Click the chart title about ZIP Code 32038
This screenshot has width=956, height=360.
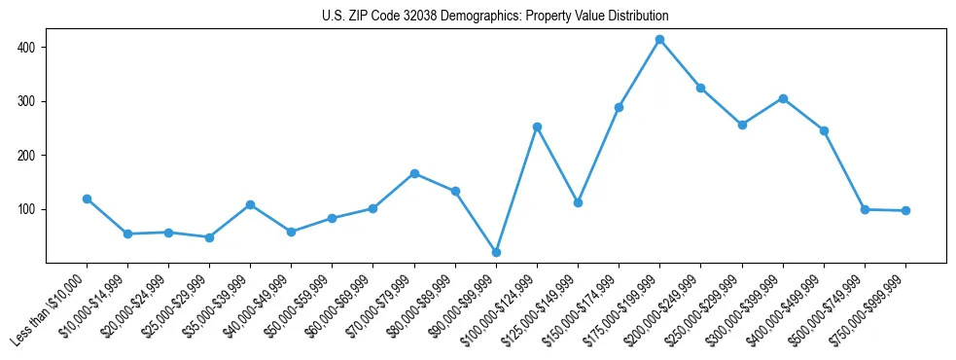tap(495, 17)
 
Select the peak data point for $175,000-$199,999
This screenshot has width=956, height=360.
tap(659, 40)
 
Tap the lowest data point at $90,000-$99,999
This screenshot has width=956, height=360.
tap(496, 252)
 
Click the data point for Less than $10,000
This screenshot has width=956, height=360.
tap(87, 198)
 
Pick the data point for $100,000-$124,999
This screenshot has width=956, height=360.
tap(537, 126)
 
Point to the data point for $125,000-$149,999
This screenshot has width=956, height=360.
tap(578, 202)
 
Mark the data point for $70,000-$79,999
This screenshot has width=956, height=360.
tap(414, 173)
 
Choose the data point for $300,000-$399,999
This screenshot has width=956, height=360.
tap(783, 98)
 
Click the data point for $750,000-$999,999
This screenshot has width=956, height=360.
tap(905, 210)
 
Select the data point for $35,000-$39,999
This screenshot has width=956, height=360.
tap(250, 204)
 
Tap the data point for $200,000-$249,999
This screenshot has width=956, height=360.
tap(700, 88)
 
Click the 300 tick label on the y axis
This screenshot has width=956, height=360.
tap(28, 101)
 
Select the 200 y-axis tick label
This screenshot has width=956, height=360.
tap(28, 156)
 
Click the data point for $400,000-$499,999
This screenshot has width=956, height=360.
tap(824, 130)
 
